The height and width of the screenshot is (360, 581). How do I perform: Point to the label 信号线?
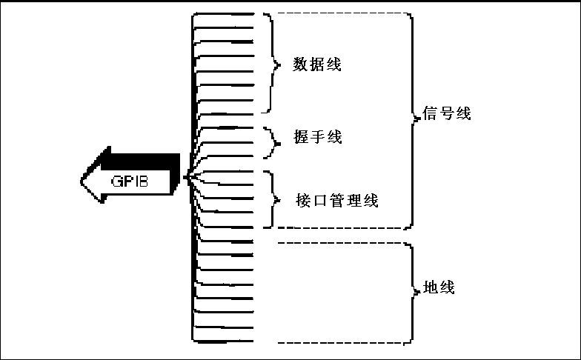click(x=446, y=115)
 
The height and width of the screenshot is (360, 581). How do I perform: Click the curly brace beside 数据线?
click(x=275, y=64)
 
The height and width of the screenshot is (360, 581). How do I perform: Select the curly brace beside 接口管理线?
click(x=274, y=199)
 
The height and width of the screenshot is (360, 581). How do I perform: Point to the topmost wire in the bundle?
click(x=222, y=13)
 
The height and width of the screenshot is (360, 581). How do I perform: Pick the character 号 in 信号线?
click(x=446, y=115)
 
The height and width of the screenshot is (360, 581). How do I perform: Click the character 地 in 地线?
click(x=430, y=287)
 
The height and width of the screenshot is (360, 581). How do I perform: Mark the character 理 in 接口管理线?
click(x=353, y=200)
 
